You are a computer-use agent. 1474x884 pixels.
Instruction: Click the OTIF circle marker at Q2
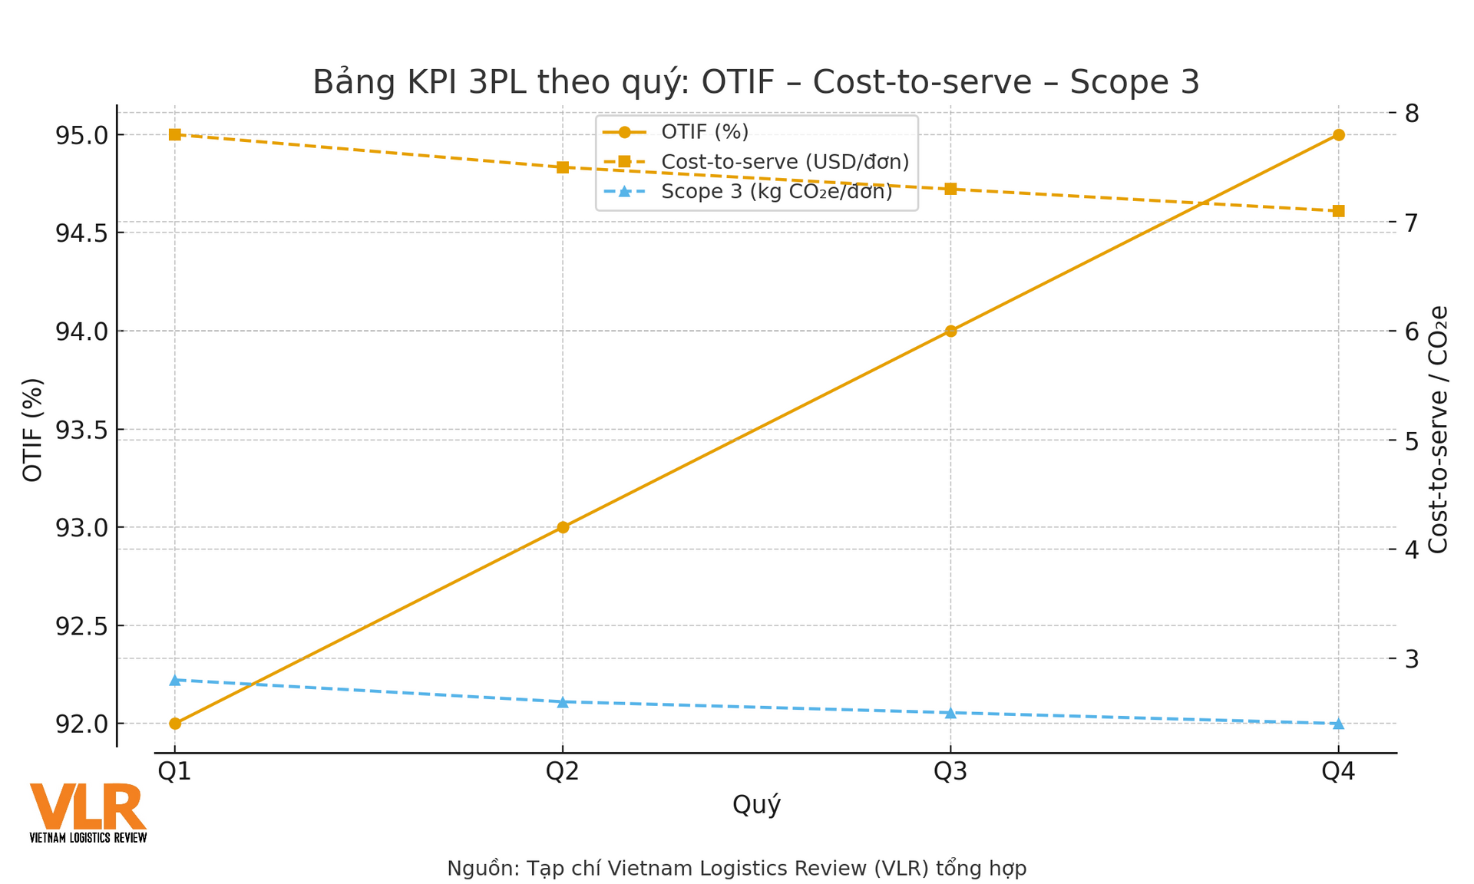coord(563,527)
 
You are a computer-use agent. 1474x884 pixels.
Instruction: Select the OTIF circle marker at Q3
coord(950,331)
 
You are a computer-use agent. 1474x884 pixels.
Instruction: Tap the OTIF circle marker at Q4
coord(1338,135)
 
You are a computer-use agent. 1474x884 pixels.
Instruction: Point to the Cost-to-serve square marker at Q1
coord(175,135)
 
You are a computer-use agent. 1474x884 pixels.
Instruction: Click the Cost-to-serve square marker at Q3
coord(950,189)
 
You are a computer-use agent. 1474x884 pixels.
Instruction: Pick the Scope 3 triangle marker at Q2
coord(563,702)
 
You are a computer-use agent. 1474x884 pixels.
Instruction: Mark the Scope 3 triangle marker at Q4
coord(1338,724)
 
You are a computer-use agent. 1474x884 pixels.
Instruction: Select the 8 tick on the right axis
coord(1412,114)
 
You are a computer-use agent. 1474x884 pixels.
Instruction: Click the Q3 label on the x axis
coord(950,772)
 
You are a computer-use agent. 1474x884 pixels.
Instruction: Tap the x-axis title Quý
coord(756,805)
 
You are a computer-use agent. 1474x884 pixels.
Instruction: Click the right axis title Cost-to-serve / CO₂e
coord(1438,430)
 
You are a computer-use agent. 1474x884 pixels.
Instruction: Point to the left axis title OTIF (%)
coord(32,430)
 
